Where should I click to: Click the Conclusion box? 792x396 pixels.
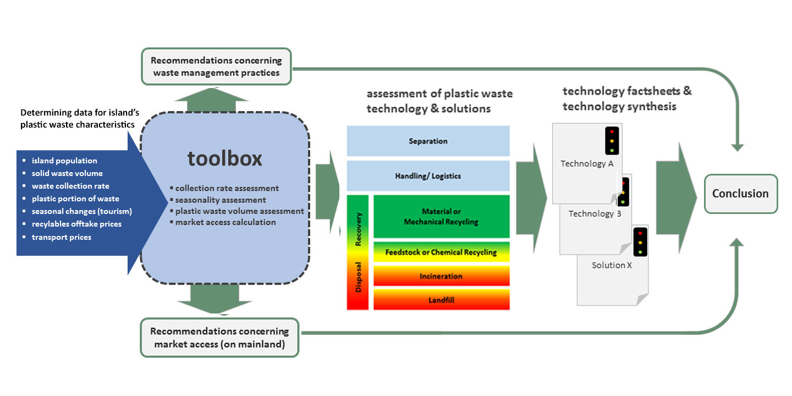pos(741,194)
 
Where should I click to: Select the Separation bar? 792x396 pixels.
pos(428,141)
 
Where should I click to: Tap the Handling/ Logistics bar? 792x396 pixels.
pos(428,177)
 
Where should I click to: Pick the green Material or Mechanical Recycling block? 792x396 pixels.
pos(441,217)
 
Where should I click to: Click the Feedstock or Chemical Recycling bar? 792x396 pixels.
pos(441,252)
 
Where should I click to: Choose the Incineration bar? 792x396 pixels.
pos(441,276)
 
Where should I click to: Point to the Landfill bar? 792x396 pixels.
pos(441,300)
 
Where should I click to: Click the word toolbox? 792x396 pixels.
pos(224,158)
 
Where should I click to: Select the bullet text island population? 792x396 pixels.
pos(64,161)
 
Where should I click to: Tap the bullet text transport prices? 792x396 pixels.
pos(62,237)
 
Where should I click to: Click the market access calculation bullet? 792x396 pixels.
pos(226,222)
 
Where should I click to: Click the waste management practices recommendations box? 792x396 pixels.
pos(216,67)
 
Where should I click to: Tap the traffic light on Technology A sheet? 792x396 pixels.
pos(611,141)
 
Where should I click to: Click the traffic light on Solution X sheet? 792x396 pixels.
pos(640,242)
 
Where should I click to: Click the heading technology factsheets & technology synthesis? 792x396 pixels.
pos(626,98)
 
